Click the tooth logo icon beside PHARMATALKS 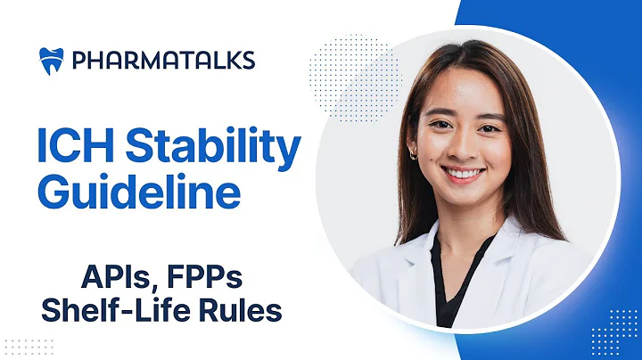coord(51,60)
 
